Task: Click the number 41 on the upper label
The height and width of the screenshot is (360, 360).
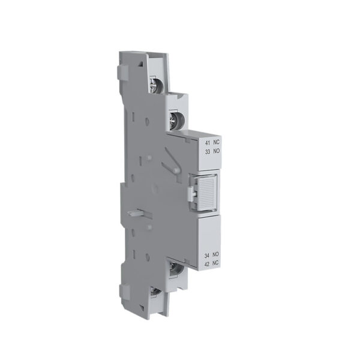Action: click(208, 143)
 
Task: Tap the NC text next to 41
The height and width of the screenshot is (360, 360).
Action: click(217, 143)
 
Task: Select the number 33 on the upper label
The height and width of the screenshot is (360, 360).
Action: click(208, 152)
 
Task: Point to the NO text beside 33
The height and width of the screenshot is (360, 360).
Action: click(217, 152)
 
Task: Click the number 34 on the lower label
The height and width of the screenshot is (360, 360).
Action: click(208, 256)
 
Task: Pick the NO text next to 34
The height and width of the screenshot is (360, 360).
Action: click(217, 256)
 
